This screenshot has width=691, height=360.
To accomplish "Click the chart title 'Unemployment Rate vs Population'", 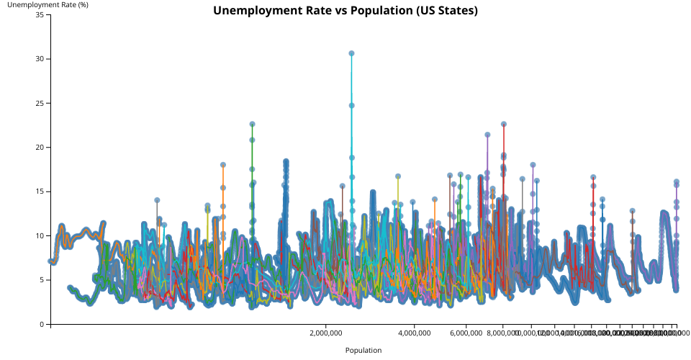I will [x=345, y=11].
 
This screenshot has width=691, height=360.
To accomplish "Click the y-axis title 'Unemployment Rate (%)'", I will [x=42, y=5].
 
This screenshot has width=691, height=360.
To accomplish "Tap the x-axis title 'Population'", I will [x=363, y=351].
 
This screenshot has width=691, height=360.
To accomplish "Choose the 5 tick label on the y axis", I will [x=40, y=280].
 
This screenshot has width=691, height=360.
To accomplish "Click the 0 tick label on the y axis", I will [x=40, y=324].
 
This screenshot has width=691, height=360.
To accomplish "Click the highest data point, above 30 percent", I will [x=351, y=53].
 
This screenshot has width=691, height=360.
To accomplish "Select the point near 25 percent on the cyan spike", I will [x=351, y=105].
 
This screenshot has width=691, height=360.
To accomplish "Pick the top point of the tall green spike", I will [x=252, y=124].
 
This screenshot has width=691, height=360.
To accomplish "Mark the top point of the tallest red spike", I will [x=504, y=124].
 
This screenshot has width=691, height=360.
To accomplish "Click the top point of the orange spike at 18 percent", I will [x=223, y=165].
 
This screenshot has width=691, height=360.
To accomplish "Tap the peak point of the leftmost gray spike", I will [x=157, y=200].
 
